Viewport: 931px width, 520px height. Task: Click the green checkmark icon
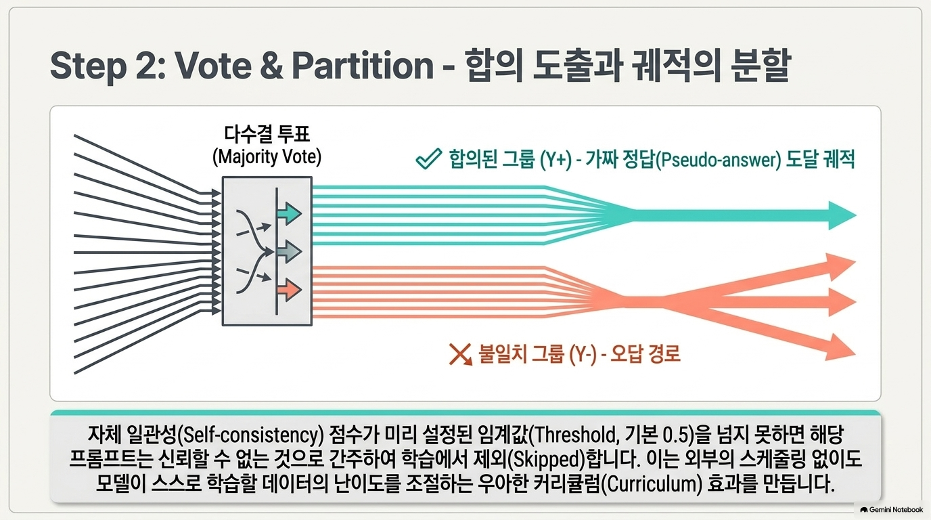pos(428,159)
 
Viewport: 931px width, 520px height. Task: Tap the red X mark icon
pos(461,354)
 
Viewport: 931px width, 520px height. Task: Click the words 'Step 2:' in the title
pos(108,66)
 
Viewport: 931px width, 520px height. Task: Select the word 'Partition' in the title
pos(363,65)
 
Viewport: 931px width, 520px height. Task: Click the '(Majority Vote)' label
pos(267,157)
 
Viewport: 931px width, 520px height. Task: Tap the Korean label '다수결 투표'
pos(267,134)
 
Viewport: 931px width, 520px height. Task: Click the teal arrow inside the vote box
pos(290,213)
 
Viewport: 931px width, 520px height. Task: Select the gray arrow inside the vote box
pos(290,251)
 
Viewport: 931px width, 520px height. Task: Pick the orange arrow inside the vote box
pos(290,290)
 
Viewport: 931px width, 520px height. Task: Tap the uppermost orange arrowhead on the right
pos(840,265)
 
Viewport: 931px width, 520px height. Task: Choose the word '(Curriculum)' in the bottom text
pos(652,484)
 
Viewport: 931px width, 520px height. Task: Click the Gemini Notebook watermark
pos(892,510)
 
